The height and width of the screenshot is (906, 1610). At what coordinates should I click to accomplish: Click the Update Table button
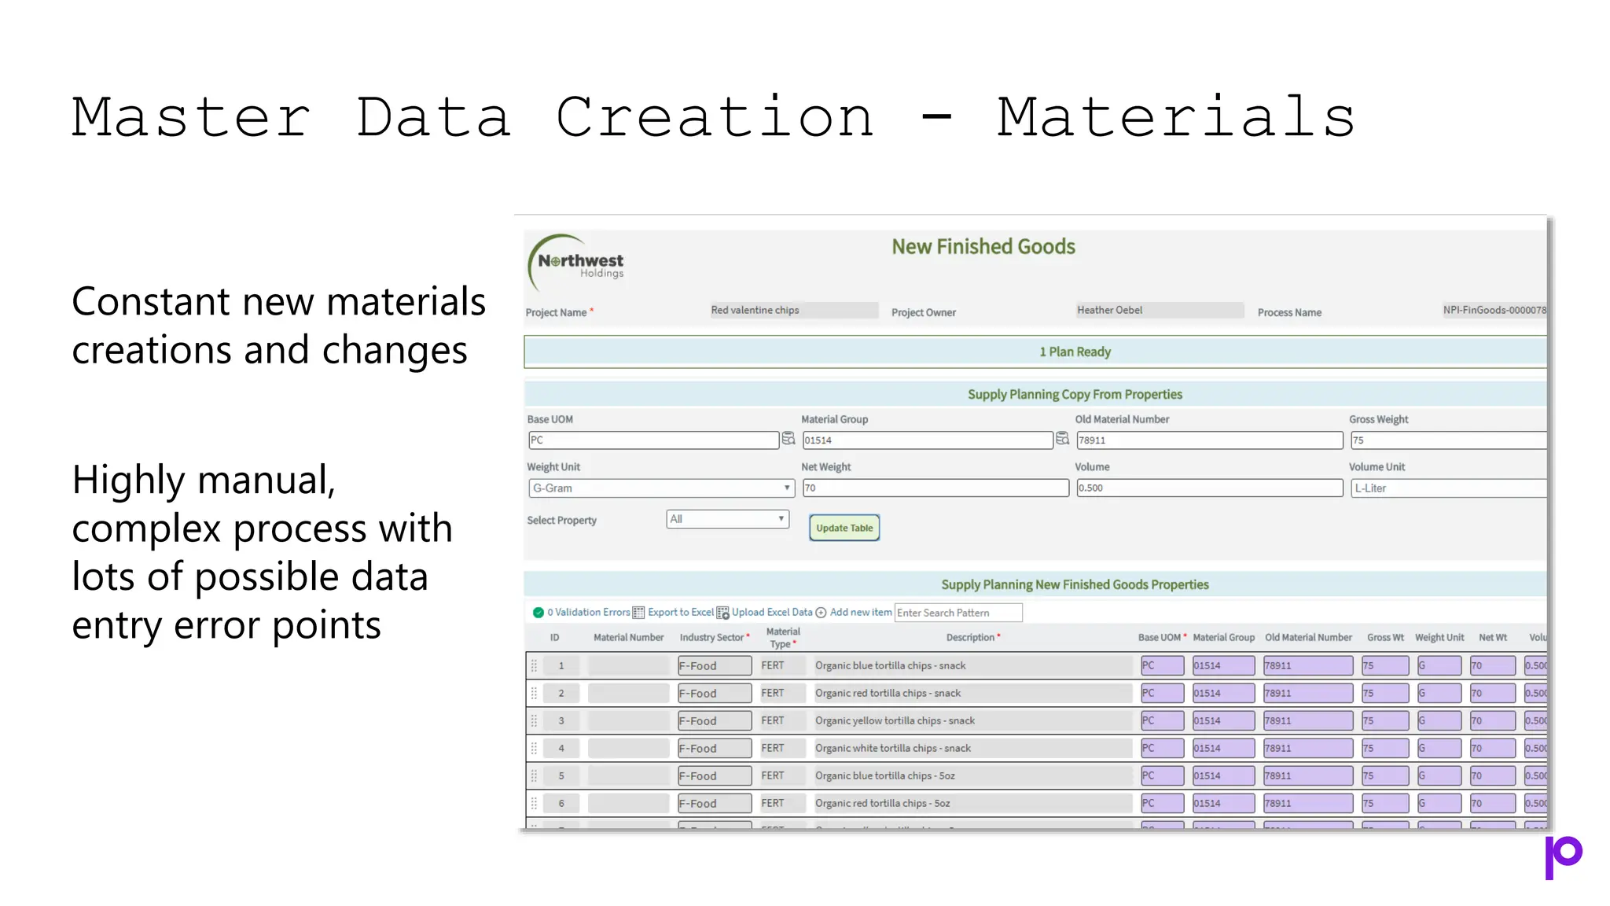(844, 528)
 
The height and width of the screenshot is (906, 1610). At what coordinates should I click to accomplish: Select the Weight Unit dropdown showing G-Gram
(660, 488)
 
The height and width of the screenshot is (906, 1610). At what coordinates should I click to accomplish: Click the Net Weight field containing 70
(935, 488)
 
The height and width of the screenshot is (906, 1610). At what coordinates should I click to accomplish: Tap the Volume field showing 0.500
(1209, 488)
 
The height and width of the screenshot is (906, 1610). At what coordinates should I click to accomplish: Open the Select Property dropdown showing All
(727, 519)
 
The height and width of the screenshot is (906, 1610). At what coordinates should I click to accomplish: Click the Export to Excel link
(680, 613)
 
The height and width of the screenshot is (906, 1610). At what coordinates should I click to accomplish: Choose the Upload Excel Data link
(771, 613)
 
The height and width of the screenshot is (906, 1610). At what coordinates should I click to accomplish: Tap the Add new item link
(860, 613)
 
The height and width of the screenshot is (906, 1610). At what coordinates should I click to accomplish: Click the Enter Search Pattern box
(958, 613)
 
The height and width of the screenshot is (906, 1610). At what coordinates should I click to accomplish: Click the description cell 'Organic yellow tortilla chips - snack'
(895, 721)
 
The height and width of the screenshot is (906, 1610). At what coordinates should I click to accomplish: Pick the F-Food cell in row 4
(714, 749)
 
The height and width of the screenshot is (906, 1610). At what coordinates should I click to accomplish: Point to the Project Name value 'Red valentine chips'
(755, 311)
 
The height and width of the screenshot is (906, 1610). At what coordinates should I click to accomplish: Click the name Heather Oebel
(1109, 311)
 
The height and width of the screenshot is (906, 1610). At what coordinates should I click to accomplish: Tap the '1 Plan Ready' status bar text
(1075, 352)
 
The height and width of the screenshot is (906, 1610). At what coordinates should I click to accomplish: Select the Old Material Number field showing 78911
(1209, 440)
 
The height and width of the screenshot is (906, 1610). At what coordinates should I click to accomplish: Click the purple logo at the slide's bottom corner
(1563, 856)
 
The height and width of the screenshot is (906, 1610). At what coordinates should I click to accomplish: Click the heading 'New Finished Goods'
(983, 247)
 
